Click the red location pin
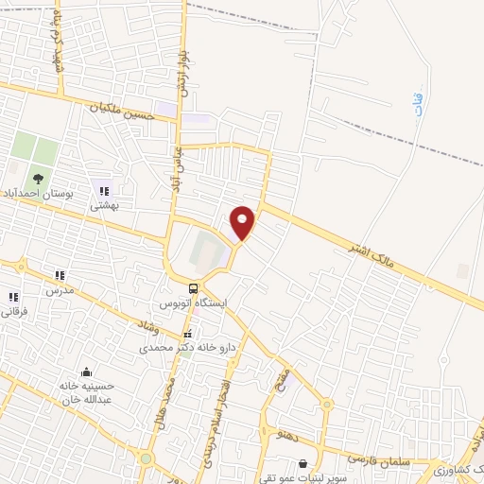pos(243,221)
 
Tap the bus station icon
pos(193,288)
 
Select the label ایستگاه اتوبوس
pos(193,304)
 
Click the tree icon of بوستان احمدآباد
pos(37,177)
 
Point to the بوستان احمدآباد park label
pos(39,193)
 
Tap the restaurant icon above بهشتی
pos(103,191)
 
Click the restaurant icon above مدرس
pos(59,276)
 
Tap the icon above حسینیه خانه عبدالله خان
pos(87,372)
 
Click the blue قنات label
pos(419,105)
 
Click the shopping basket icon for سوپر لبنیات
pos(302,464)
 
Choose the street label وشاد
pos(150,327)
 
